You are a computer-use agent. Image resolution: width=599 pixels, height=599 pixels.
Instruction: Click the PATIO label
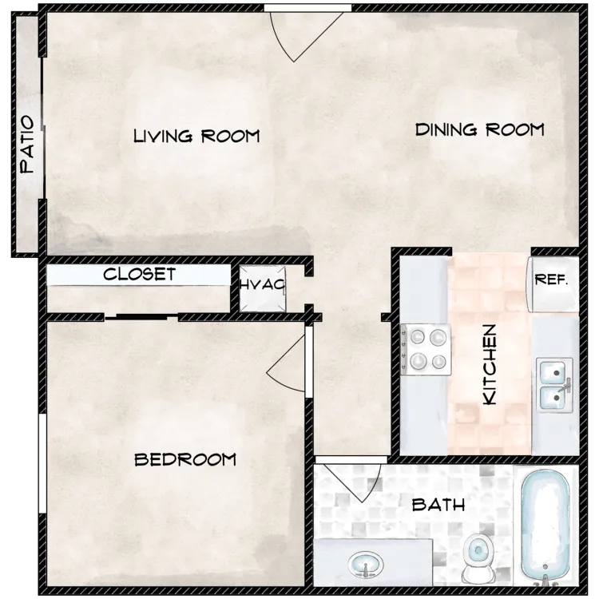(x=27, y=145)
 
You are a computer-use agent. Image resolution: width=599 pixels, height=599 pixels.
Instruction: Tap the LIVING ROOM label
(x=196, y=136)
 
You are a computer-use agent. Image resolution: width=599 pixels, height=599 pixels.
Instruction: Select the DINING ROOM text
(x=480, y=130)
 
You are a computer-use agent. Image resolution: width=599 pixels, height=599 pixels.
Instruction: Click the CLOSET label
(x=140, y=274)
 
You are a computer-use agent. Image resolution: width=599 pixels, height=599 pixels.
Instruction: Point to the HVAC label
(x=263, y=284)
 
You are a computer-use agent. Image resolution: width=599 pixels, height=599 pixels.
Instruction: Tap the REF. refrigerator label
(x=551, y=280)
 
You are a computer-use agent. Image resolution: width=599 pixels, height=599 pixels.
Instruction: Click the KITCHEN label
(x=490, y=364)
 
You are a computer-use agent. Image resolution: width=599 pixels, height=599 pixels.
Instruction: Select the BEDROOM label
(x=185, y=459)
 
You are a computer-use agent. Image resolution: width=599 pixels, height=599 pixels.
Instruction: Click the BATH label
(x=438, y=506)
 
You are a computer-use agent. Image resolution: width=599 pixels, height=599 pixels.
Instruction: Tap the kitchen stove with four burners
(x=426, y=349)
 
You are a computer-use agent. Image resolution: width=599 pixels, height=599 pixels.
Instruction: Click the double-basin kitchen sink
(x=554, y=385)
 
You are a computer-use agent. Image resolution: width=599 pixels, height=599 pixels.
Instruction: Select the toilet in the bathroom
(x=478, y=558)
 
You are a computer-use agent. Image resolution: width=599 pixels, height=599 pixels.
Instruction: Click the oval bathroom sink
(x=365, y=565)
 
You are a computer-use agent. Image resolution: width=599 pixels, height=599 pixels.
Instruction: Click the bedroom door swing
(x=288, y=363)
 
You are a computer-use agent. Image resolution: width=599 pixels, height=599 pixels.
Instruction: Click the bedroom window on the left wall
(x=42, y=463)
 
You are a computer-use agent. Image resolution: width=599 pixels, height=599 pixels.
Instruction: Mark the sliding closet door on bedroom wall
(x=141, y=316)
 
